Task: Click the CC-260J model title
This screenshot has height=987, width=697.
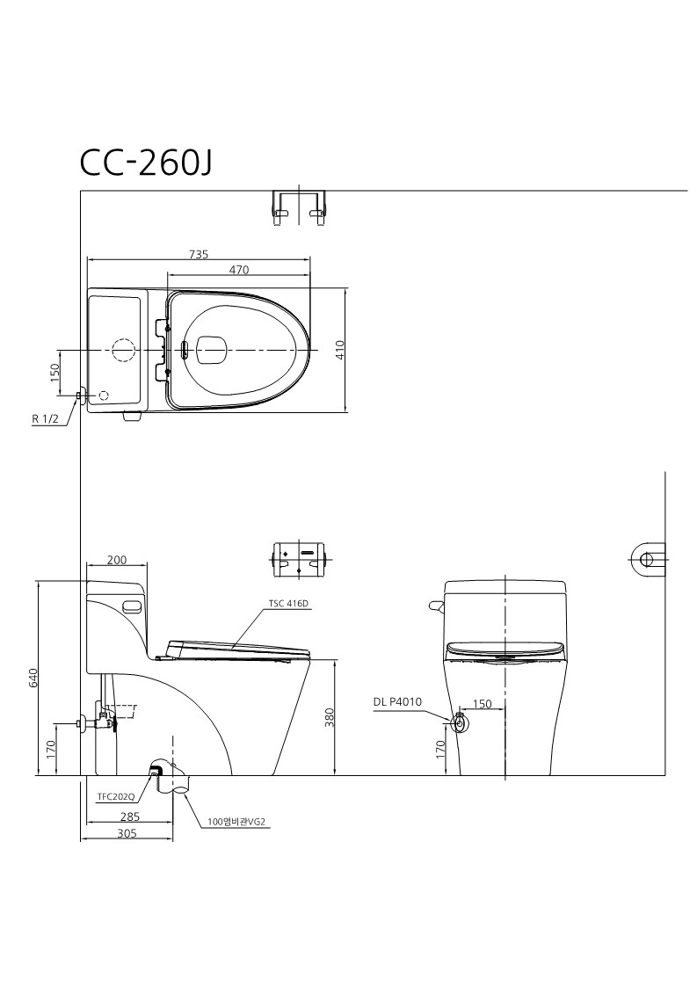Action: click(x=145, y=163)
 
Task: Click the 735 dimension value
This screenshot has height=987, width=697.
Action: click(x=199, y=254)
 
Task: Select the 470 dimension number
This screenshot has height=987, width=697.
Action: click(x=239, y=270)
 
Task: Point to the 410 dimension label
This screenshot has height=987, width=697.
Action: click(x=340, y=349)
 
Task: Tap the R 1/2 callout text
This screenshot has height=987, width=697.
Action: click(x=46, y=419)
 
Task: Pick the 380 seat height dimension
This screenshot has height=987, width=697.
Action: click(x=330, y=717)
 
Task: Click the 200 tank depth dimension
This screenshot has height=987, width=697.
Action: click(x=117, y=560)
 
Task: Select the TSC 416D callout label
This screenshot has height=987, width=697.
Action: click(x=289, y=604)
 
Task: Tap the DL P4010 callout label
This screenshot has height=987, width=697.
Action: click(x=397, y=702)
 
